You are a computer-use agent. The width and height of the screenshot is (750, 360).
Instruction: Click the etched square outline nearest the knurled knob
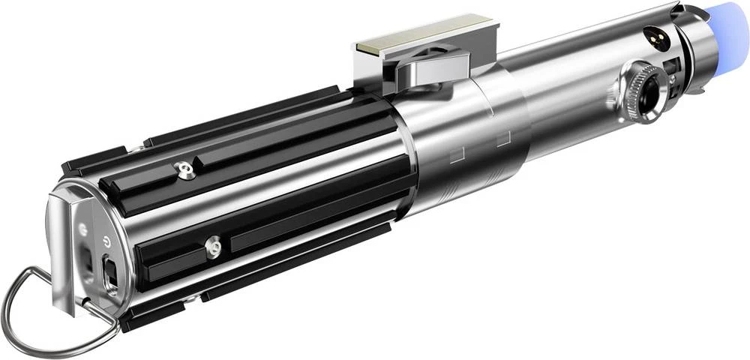pyautogui.click(x=502, y=138)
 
